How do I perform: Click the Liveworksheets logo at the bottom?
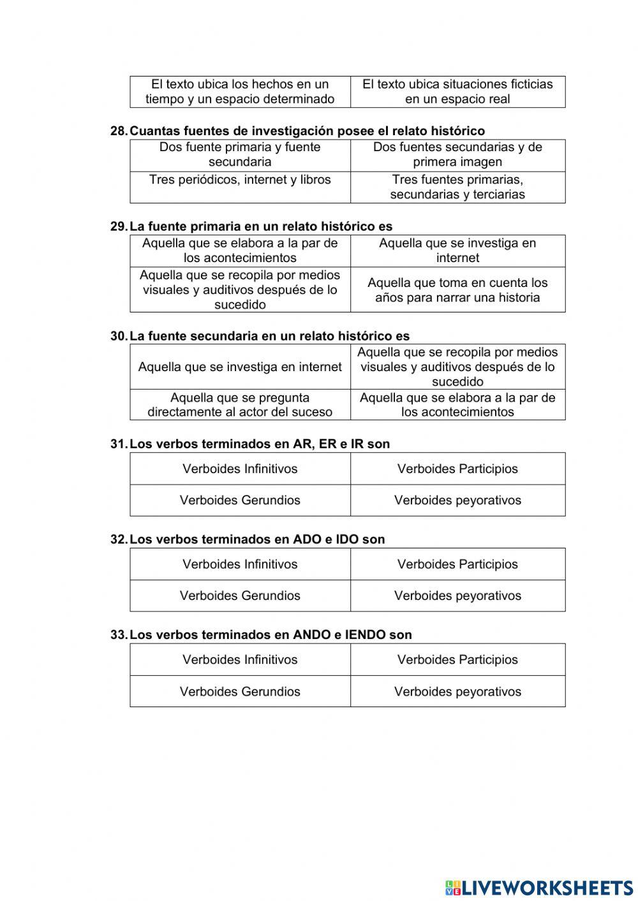click(x=539, y=887)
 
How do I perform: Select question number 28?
click(x=119, y=131)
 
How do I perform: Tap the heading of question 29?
click(x=260, y=226)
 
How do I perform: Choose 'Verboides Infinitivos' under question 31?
click(x=240, y=469)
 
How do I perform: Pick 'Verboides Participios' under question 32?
click(x=457, y=564)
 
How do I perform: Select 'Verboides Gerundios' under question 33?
click(x=240, y=691)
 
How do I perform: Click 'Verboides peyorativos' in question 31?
click(x=457, y=500)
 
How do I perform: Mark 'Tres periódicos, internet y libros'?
click(x=240, y=180)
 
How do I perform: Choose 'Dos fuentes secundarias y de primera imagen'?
click(x=457, y=155)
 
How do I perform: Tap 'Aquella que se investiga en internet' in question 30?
click(x=240, y=367)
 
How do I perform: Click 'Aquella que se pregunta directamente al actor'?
click(x=240, y=405)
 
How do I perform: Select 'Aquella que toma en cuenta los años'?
click(x=457, y=290)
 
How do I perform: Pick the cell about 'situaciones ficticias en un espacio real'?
click(x=457, y=92)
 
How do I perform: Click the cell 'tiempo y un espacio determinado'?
click(x=240, y=92)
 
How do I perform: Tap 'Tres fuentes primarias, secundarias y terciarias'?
click(x=457, y=187)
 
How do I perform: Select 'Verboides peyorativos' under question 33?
click(x=457, y=691)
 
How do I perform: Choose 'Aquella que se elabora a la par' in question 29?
click(x=240, y=251)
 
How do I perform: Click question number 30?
click(x=119, y=336)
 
